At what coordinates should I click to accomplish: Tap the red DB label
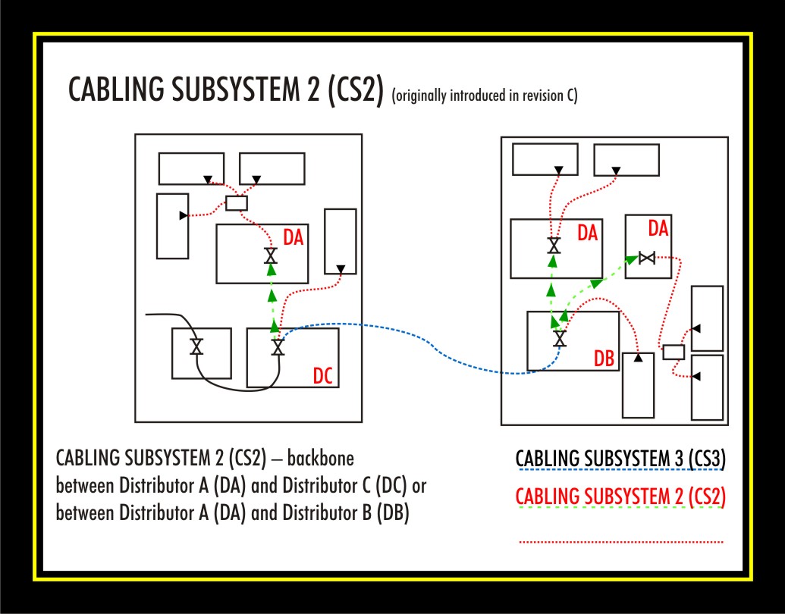coord(604,359)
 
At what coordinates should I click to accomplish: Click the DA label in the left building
coord(294,237)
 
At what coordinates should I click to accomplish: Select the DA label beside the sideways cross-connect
coord(658,227)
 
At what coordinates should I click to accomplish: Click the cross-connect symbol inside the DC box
coord(278,347)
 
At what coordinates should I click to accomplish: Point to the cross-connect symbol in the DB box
coord(560,338)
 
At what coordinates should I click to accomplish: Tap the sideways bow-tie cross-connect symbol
coord(646,258)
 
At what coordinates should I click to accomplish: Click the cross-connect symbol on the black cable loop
coord(196,346)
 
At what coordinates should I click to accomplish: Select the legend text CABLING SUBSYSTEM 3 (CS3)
coord(620,459)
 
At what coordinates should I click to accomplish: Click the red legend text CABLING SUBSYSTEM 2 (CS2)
coord(620,497)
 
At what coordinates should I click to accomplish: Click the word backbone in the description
coord(323,459)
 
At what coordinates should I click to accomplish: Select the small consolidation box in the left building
coord(237,203)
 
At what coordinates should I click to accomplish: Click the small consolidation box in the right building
coord(674,352)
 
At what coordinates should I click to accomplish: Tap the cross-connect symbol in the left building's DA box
coord(271,256)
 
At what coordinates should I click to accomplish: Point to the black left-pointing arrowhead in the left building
coord(183,216)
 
